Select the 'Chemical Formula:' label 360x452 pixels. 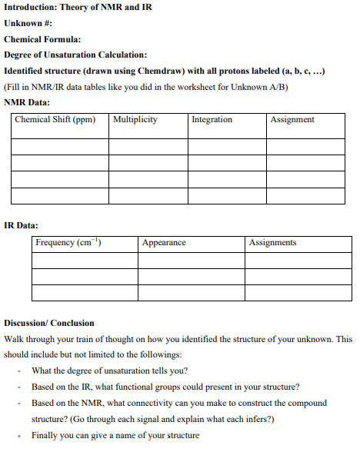click(x=42, y=39)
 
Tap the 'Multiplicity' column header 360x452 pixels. click(x=135, y=120)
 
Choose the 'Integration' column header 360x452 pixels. click(x=212, y=120)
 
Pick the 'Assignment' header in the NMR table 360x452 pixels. click(x=293, y=120)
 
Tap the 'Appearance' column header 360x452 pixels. click(x=164, y=243)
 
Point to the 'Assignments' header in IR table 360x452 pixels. click(x=273, y=243)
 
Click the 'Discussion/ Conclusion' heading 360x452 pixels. click(x=49, y=323)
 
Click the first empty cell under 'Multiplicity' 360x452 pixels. click(x=148, y=146)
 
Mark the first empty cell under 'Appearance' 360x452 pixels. click(x=191, y=261)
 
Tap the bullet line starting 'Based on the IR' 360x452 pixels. click(x=165, y=387)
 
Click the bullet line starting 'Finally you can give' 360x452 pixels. click(x=115, y=436)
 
